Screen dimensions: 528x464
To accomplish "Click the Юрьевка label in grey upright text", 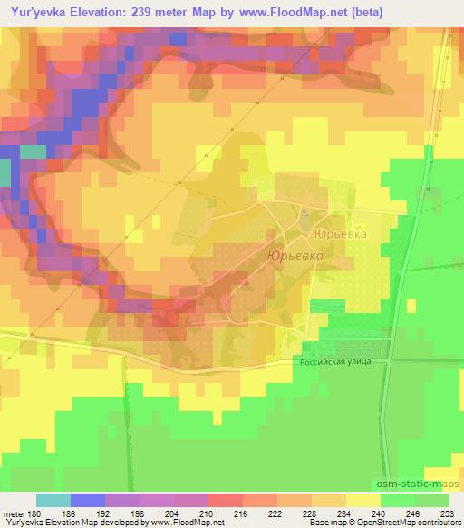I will point(341,234).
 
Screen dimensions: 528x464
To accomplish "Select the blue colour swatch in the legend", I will point(88,500).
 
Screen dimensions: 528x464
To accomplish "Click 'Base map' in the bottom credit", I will point(325,523).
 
